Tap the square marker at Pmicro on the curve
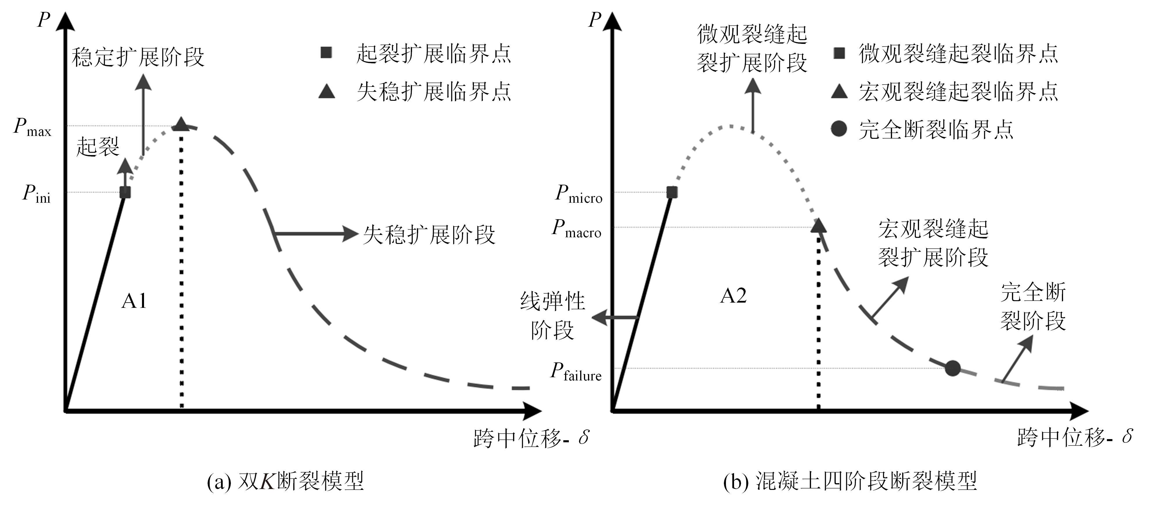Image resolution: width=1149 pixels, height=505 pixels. (x=672, y=192)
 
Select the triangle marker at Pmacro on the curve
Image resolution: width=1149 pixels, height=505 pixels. (x=819, y=225)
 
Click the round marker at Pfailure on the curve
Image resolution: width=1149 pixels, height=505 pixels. (x=952, y=368)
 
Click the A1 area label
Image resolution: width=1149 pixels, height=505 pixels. (x=134, y=301)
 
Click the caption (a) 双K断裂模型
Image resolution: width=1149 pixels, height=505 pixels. (x=285, y=481)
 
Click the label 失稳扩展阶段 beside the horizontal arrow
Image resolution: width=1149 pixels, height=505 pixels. (x=429, y=235)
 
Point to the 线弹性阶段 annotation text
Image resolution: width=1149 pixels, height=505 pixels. (x=552, y=316)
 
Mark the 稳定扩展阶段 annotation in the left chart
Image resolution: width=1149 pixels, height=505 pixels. (x=138, y=57)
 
